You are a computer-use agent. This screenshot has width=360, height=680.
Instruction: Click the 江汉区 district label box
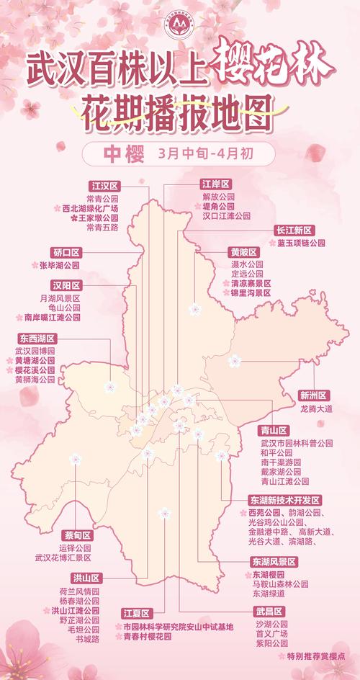click(105, 185)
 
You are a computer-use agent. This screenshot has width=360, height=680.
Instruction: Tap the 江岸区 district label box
click(216, 185)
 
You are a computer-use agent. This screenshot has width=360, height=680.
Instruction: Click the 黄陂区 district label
click(243, 253)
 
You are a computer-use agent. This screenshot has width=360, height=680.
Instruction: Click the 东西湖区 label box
click(37, 338)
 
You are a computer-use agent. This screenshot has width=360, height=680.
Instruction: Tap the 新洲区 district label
click(314, 395)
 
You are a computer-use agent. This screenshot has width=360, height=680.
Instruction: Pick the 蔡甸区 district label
click(77, 535)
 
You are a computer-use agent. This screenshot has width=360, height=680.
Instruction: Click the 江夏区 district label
click(135, 614)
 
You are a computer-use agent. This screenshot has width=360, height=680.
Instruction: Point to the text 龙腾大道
click(318, 408)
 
